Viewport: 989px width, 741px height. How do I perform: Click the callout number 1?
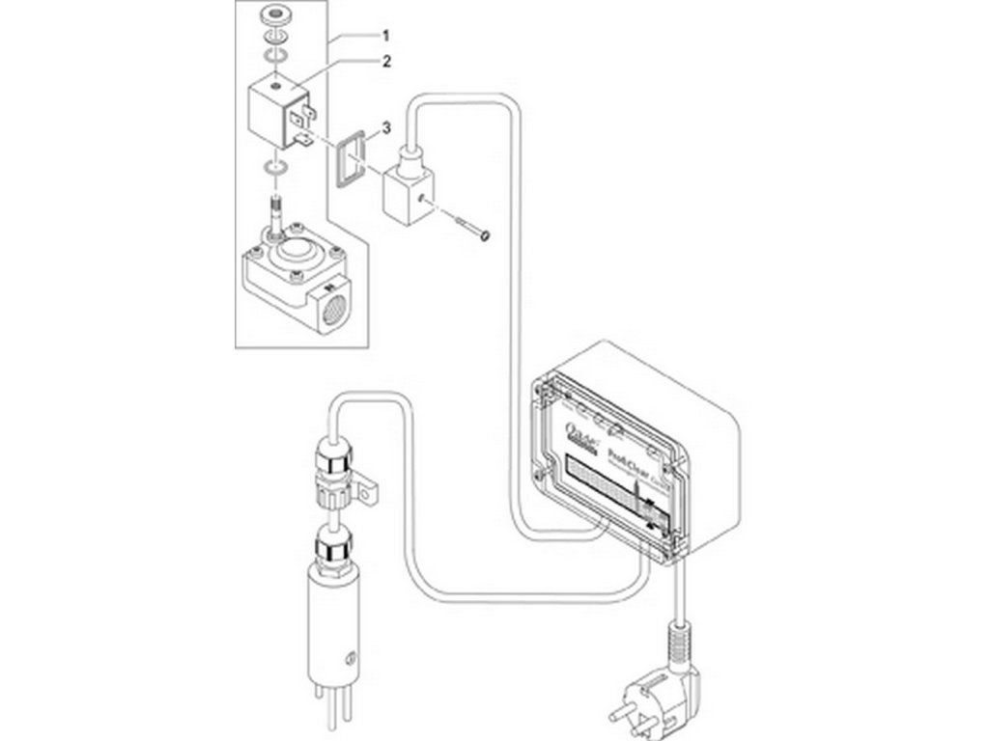click(x=385, y=36)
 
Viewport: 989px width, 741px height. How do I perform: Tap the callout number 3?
click(x=385, y=126)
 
